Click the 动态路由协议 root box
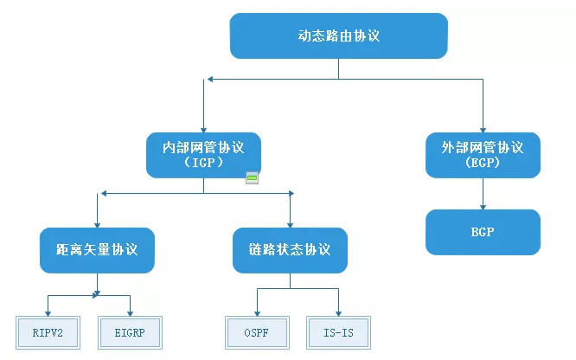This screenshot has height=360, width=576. pyautogui.click(x=338, y=36)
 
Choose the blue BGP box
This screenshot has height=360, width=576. pyautogui.click(x=483, y=232)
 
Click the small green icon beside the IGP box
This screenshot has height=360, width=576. pyautogui.click(x=253, y=178)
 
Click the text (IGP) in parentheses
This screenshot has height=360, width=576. pyautogui.click(x=204, y=163)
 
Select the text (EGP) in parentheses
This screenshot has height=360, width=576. pyautogui.click(x=483, y=163)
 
